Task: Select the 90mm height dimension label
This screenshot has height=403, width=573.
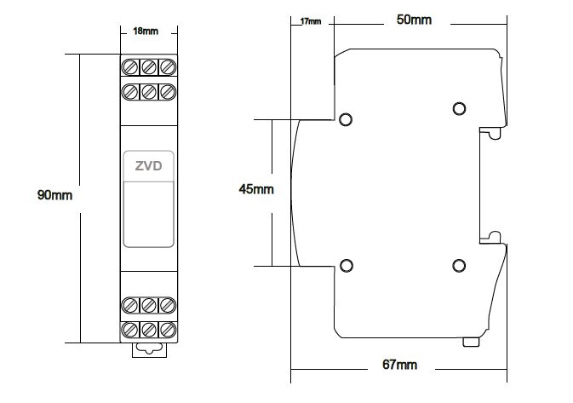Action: point(55,195)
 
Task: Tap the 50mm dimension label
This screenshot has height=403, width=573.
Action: point(415,19)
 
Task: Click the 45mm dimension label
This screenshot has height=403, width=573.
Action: point(256,189)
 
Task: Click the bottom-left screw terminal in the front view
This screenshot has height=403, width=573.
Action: point(131,329)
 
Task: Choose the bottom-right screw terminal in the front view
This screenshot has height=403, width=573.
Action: point(168,329)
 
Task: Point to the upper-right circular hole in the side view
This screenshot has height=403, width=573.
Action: point(459,108)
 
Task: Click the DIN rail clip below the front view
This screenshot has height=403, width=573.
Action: point(149,347)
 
